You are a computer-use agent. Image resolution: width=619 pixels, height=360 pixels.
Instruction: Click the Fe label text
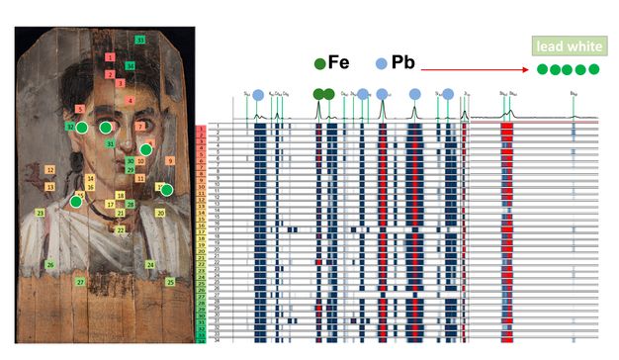click(338, 63)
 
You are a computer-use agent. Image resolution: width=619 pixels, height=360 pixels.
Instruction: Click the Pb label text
click(402, 63)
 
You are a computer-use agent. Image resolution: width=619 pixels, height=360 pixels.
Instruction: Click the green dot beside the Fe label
click(318, 64)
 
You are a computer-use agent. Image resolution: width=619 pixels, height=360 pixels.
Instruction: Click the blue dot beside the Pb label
click(382, 64)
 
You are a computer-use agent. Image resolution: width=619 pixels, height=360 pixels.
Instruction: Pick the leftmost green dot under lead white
click(542, 69)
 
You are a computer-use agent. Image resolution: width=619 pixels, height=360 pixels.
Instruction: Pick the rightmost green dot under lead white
click(593, 69)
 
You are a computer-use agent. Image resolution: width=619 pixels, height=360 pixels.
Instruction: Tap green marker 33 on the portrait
click(140, 40)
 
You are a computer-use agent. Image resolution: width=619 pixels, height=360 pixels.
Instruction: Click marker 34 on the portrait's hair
click(131, 66)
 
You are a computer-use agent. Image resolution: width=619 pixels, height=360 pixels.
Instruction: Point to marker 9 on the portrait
click(170, 160)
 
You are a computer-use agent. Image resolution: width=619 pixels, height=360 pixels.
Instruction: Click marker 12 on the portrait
click(49, 170)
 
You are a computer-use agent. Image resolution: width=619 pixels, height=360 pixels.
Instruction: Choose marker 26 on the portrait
click(49, 264)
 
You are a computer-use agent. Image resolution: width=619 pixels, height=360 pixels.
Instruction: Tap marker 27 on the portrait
click(80, 282)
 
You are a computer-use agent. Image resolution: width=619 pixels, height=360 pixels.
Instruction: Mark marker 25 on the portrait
click(170, 282)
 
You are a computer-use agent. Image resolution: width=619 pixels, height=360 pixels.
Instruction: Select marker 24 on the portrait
click(150, 265)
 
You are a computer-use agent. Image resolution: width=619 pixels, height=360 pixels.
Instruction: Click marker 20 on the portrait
click(160, 213)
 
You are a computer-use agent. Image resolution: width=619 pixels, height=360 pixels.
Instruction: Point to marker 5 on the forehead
click(79, 108)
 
